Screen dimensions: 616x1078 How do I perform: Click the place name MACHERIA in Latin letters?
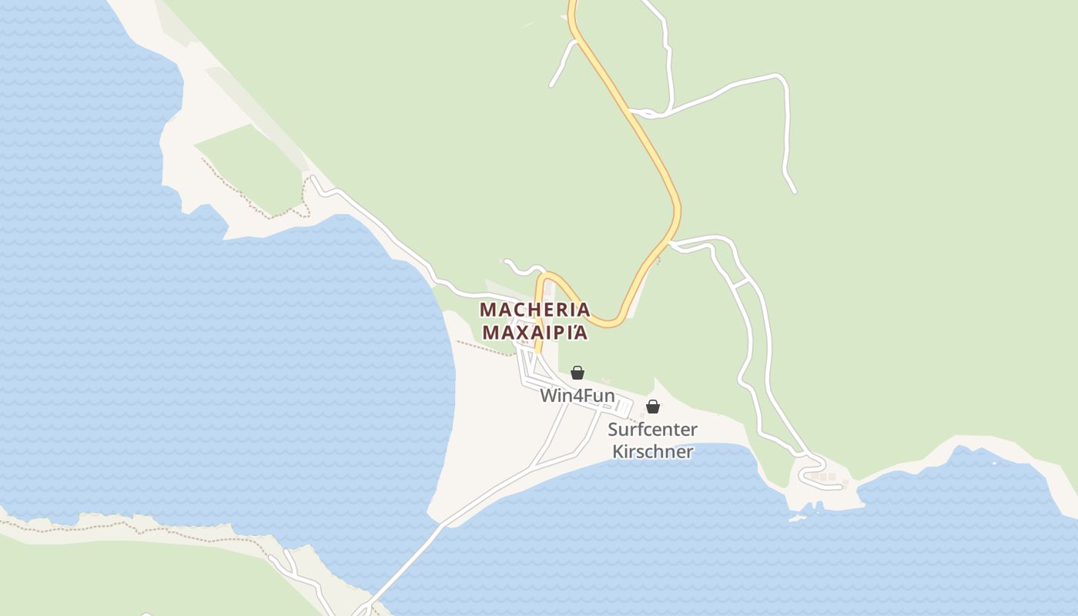[x=535, y=310]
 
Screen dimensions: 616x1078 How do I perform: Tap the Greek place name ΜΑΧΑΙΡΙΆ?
[x=535, y=333]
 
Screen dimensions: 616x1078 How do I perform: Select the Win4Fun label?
[x=577, y=396]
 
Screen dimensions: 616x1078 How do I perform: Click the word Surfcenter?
[x=652, y=430]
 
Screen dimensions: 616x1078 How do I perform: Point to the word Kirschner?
[x=652, y=451]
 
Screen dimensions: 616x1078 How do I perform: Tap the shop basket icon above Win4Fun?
[x=577, y=373]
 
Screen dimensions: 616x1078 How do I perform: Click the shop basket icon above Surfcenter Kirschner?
[x=653, y=407]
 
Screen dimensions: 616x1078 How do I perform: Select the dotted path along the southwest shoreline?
[x=154, y=527]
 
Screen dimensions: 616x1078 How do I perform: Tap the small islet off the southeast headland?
[x=797, y=518]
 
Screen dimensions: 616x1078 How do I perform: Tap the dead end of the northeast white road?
[x=795, y=192]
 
